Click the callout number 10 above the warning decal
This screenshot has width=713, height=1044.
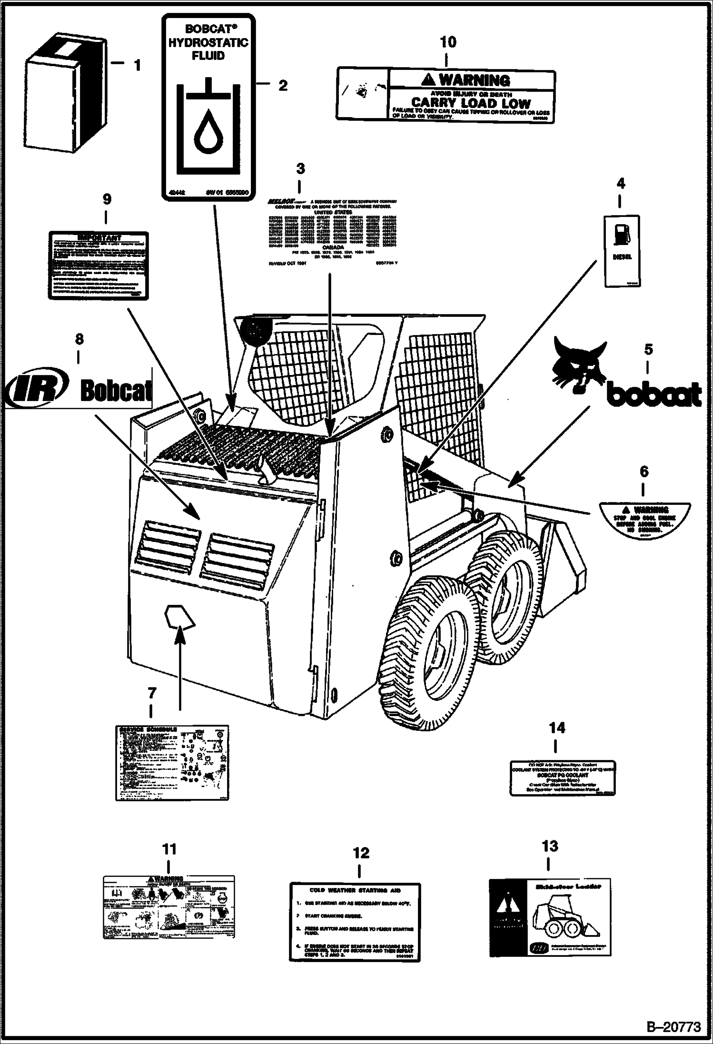(448, 42)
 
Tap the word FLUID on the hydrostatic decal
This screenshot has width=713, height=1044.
(208, 56)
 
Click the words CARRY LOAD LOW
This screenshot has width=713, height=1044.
(470, 103)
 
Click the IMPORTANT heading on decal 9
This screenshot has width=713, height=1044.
(99, 237)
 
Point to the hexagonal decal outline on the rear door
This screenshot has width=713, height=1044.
(179, 618)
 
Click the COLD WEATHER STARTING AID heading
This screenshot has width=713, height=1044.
(355, 890)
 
